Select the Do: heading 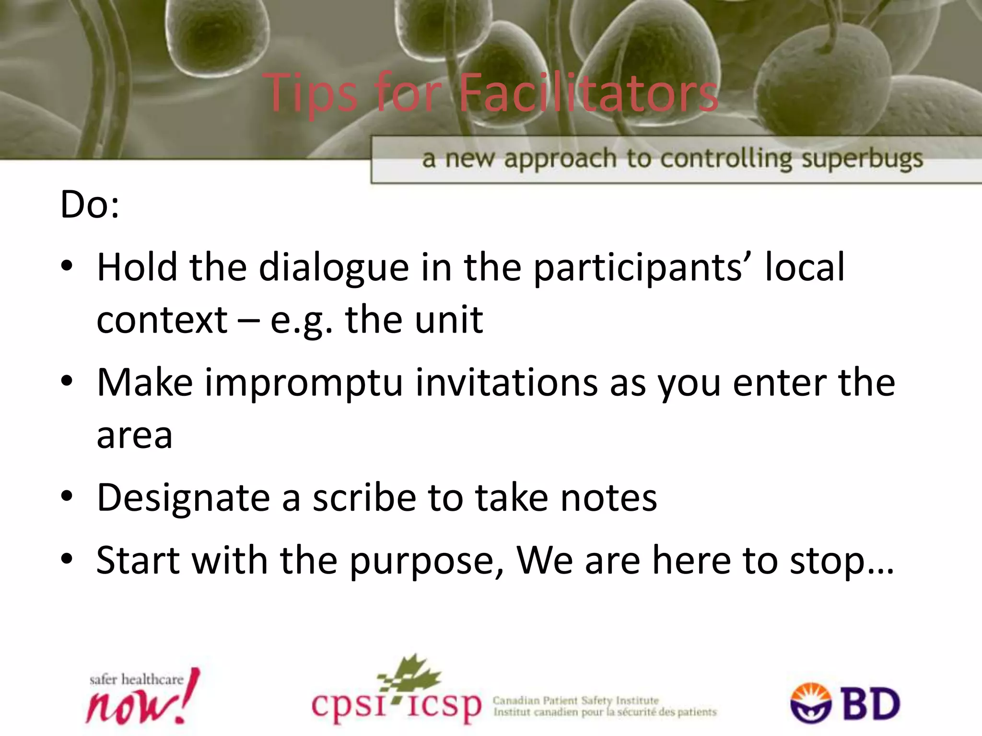coord(90,205)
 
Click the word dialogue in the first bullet coord(334,267)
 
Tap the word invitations coord(506,382)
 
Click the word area coord(134,436)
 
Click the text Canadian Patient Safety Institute coord(575,701)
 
